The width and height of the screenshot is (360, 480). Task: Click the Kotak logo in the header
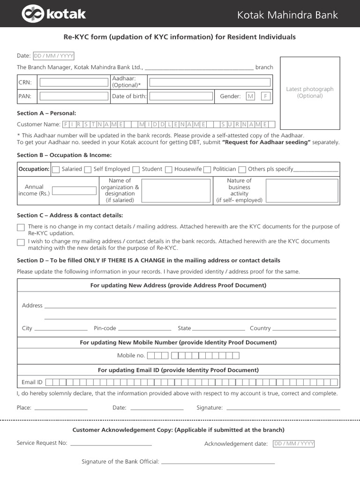[53, 14]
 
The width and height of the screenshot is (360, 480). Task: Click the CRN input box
[74, 82]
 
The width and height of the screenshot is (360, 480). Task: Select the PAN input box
[74, 96]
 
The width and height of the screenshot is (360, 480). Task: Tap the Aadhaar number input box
[210, 82]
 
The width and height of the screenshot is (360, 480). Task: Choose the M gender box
[250, 96]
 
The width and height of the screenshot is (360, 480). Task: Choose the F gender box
[265, 96]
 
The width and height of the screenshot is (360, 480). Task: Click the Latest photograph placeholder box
[310, 93]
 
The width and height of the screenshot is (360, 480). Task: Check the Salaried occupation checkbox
[56, 169]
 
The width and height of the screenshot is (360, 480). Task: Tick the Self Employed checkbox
[88, 169]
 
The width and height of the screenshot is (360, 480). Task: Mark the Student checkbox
[136, 169]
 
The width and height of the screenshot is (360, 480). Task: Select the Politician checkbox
[207, 169]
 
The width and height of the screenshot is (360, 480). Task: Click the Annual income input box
[74, 191]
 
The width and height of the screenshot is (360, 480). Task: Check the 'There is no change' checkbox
[21, 227]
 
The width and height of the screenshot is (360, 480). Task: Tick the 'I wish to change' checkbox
[21, 242]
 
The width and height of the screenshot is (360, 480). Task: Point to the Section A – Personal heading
[46, 113]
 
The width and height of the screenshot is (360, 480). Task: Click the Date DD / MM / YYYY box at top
[53, 56]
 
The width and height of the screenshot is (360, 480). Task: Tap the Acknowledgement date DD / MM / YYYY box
[294, 443]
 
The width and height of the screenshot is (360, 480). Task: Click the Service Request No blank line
[111, 443]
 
